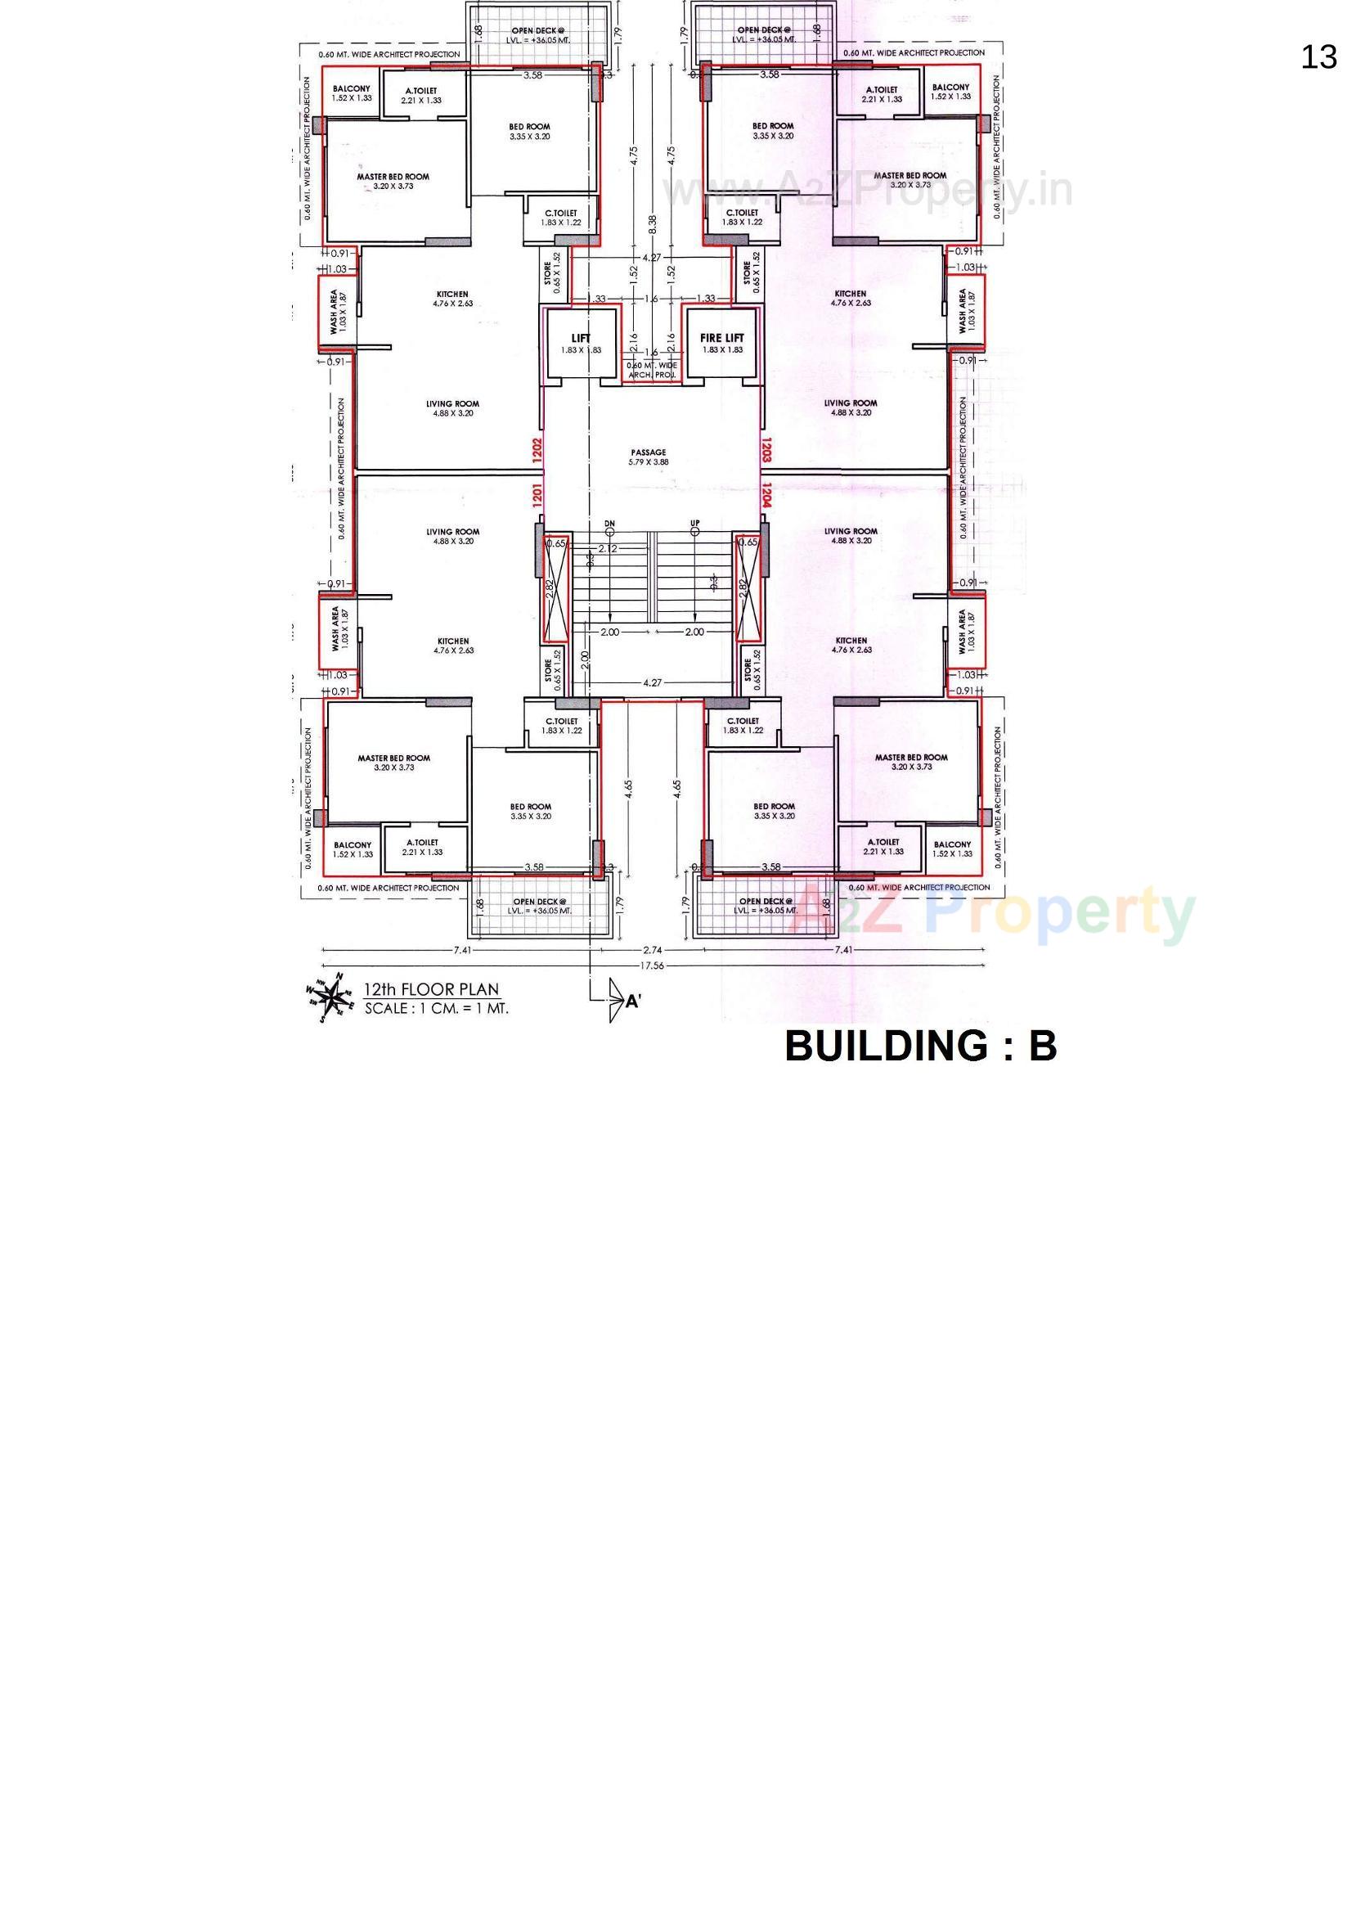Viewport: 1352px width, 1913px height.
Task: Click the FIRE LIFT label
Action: [721, 337]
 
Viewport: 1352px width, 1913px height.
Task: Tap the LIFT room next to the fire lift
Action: [581, 343]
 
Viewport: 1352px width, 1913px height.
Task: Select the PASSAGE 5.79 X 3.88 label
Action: [648, 457]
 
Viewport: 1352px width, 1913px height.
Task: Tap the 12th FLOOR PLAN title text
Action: [431, 989]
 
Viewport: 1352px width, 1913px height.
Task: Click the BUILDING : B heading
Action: [920, 1046]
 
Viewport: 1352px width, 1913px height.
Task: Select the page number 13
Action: [1318, 57]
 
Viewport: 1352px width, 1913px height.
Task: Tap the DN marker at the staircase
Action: [610, 523]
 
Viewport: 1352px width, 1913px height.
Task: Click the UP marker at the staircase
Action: [694, 523]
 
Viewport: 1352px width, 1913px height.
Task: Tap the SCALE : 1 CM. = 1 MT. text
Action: [436, 1008]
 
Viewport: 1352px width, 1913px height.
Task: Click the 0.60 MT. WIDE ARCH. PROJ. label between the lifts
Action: [651, 370]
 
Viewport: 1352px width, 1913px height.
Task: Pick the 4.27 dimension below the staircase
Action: [652, 682]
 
